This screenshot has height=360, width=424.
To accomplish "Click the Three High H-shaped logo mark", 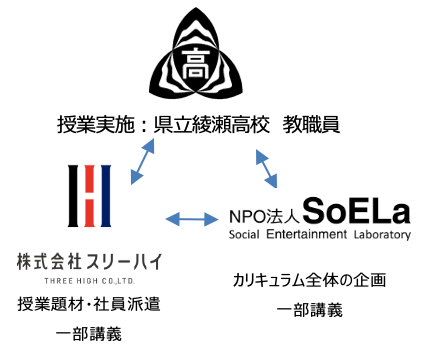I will pos(90,195).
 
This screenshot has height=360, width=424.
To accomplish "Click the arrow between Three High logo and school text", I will pos(143,161).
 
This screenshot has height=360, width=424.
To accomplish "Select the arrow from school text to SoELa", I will pos(266,168).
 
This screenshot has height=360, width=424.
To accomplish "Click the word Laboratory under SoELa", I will pos(379,236).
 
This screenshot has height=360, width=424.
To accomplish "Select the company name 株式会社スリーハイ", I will pos(89,262).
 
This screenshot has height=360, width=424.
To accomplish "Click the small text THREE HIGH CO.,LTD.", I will pos(89,281).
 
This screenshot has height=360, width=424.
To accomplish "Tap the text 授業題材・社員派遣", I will pos(89,304).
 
